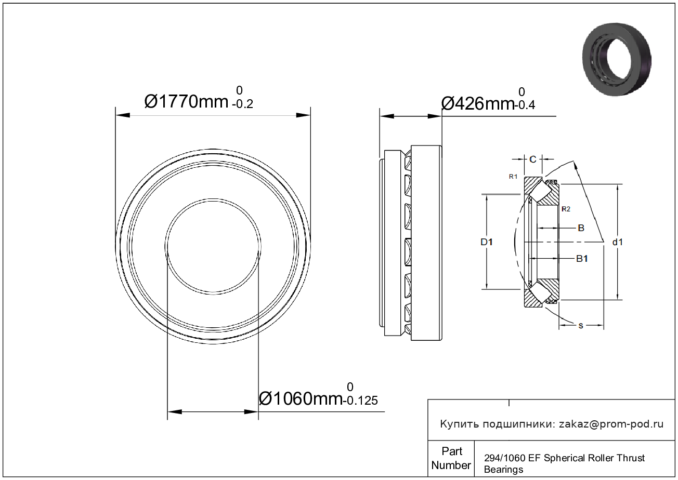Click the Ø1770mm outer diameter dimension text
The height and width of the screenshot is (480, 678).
tap(186, 102)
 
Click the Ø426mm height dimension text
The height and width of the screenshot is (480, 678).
tap(478, 104)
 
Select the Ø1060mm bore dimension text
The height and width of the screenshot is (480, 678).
tap(301, 398)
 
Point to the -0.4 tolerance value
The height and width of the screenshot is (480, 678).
tap(525, 105)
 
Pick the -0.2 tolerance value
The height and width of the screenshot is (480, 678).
tap(242, 104)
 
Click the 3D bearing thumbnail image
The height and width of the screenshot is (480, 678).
tap(617, 60)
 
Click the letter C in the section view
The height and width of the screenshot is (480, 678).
tap(533, 159)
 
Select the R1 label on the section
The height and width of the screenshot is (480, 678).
tap(513, 177)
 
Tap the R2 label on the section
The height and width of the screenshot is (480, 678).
tap(566, 209)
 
